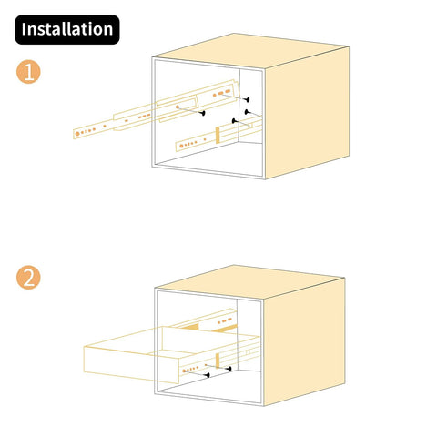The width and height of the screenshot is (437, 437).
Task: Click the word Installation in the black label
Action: point(67,29)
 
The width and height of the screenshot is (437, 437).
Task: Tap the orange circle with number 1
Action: point(29,73)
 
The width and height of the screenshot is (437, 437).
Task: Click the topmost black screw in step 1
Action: point(247,99)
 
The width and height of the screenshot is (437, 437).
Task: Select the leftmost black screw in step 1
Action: point(202,113)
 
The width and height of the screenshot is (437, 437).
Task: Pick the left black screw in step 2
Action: point(208,373)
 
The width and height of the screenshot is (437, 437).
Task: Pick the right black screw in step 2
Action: point(229,370)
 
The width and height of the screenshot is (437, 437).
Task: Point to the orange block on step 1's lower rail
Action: point(218,133)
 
